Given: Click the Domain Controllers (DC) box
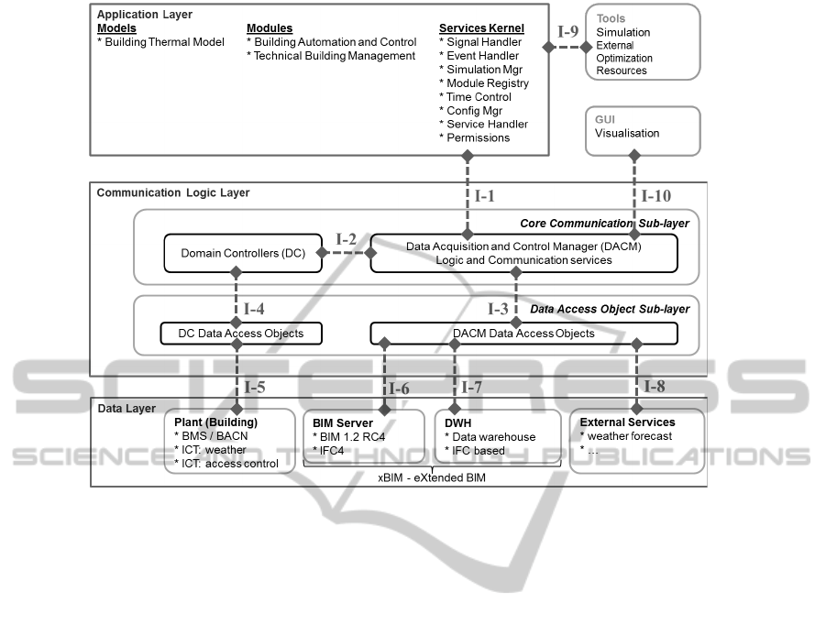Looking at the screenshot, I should tap(243, 253).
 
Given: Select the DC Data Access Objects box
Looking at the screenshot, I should tap(241, 333).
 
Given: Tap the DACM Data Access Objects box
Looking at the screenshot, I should tap(523, 333).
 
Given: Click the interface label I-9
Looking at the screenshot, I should tap(568, 31).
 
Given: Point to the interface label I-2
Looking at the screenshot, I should tap(346, 239).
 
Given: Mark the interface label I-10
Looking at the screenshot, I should tap(655, 194).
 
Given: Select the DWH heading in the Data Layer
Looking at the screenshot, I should tap(457, 422).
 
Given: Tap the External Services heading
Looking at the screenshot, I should tap(627, 422).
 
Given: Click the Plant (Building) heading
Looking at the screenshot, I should tap(215, 422).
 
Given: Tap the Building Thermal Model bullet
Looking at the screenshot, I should tap(160, 42).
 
